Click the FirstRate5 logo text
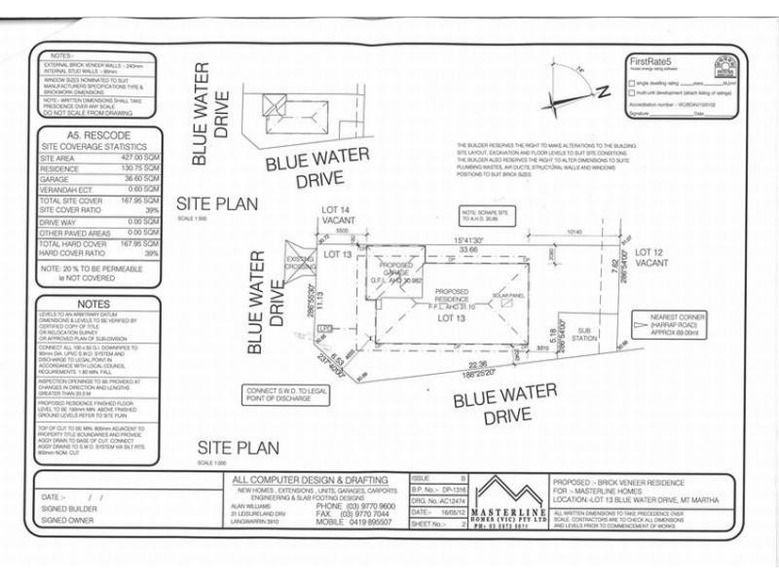click(x=652, y=61)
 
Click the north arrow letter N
click(x=602, y=92)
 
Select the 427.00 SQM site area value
click(x=142, y=157)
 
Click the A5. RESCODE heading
click(x=94, y=134)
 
